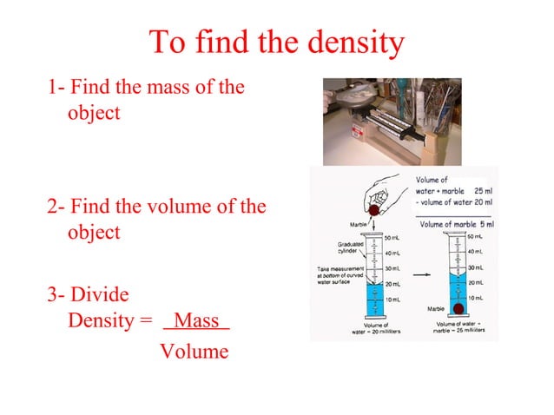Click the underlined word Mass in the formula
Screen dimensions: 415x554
coord(196,320)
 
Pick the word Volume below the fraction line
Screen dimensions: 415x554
coord(195,352)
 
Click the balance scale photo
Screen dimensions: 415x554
coord(392,122)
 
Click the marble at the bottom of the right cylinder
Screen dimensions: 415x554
coord(458,308)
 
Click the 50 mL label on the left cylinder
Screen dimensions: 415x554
coord(392,237)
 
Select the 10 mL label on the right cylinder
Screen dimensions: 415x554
coord(475,298)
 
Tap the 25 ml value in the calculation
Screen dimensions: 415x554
coord(482,190)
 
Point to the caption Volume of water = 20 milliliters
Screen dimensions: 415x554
coord(375,327)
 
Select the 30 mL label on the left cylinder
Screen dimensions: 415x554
coord(392,268)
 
